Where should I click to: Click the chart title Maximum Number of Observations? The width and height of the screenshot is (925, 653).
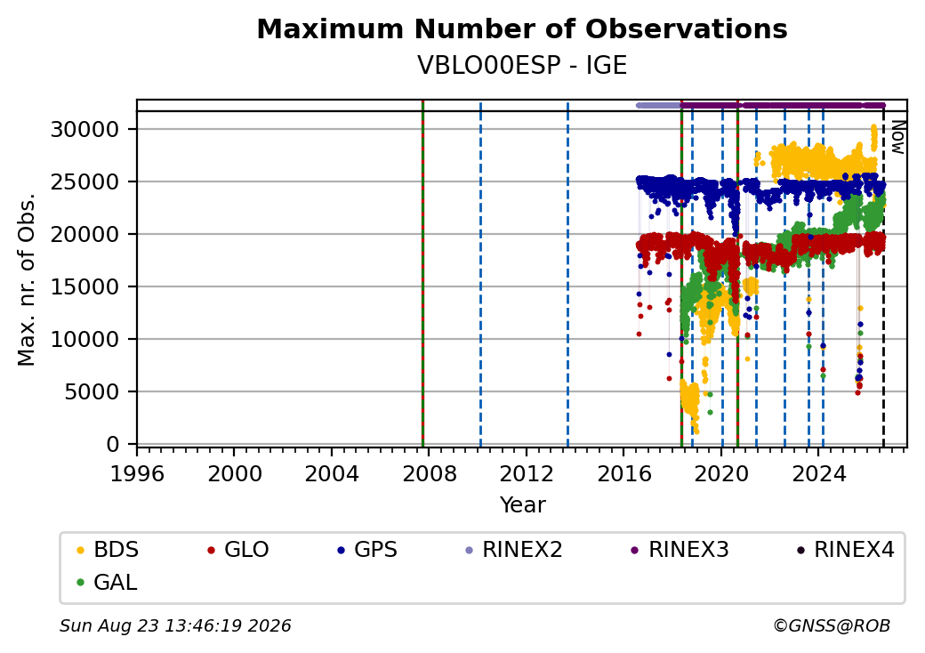pos(522,28)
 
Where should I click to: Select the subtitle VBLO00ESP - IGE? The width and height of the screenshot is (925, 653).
pos(522,66)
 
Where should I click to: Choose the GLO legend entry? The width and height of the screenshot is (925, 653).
pos(238,550)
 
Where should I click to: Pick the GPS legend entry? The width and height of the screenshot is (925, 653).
pos(367,550)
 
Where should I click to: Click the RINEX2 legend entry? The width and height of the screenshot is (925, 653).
pos(514,550)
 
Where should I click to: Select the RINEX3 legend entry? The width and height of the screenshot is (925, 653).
pos(680,550)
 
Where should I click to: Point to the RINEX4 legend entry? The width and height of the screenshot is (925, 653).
pos(846,550)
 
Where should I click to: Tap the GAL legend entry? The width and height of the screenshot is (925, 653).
pos(108,582)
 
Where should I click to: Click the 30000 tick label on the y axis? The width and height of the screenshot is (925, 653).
pos(85,129)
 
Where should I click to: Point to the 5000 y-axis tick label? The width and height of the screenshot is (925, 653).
pos(92,391)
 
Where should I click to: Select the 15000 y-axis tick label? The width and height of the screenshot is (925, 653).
pos(85,286)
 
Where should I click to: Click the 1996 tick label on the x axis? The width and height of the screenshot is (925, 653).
pos(137,473)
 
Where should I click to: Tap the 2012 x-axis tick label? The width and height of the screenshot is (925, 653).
pos(527,473)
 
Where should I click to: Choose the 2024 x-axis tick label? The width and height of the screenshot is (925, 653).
pos(818,473)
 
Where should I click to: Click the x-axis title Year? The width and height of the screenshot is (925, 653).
pos(523,505)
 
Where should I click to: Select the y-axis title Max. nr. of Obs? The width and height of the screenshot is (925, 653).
pos(26,279)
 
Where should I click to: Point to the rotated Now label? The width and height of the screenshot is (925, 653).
pos(897,137)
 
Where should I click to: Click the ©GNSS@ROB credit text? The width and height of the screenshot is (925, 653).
pos(832,625)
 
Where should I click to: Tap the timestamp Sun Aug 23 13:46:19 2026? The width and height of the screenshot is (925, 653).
pos(175,625)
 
